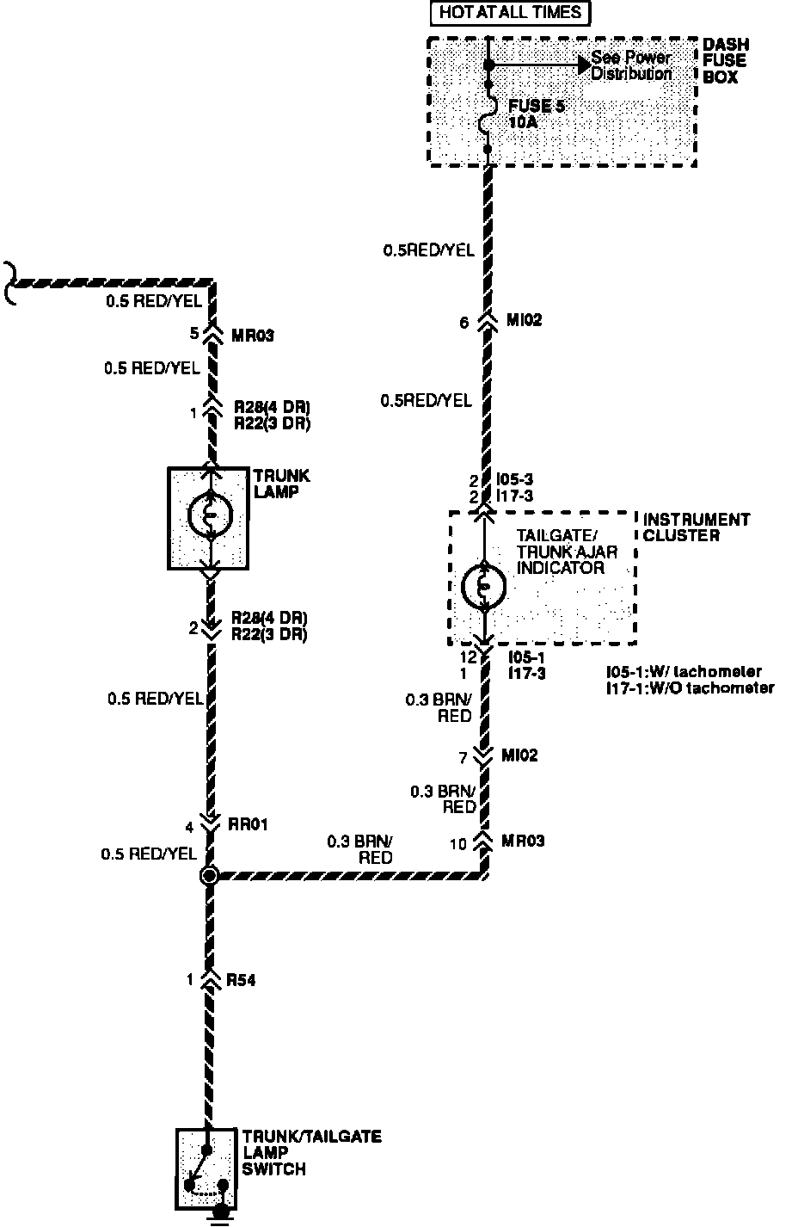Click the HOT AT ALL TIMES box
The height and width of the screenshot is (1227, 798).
pos(510,13)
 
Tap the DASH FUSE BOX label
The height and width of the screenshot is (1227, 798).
pos(724,60)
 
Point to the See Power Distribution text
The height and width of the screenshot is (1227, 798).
pos(630,66)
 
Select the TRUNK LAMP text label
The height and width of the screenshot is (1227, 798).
pos(281,484)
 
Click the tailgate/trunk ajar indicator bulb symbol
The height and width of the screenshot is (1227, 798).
pos(484,586)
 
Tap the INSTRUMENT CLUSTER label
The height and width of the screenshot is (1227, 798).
pos(696,527)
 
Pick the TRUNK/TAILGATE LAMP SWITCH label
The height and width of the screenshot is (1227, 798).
pos(310,1153)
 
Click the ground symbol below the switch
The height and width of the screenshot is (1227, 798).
pos(222,1212)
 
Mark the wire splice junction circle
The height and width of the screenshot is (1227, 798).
pos(209,876)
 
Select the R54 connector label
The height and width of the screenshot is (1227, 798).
pos(241,980)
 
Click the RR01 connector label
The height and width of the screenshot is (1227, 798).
pos(249,824)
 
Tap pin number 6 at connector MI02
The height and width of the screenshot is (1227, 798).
pos(464,323)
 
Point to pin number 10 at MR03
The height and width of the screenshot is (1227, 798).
pos(458,844)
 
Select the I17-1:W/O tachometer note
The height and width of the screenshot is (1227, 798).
pos(690,687)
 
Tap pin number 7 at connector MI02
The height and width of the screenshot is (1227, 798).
pos(463,757)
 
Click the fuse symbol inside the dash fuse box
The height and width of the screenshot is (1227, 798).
pos(487,115)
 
